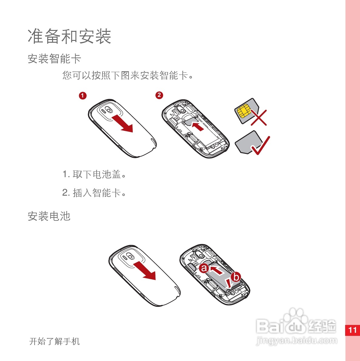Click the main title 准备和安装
click(69, 36)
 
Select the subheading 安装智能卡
click(54, 59)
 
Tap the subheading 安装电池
click(49, 216)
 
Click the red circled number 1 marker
click(83, 96)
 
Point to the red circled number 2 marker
click(159, 95)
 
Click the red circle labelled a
click(204, 268)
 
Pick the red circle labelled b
click(236, 277)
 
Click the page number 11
click(352, 330)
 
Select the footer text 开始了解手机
click(55, 342)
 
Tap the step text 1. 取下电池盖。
click(94, 174)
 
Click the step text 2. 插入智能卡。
click(94, 193)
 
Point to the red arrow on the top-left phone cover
click(122, 123)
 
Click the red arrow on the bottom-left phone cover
click(145, 270)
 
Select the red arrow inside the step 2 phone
click(198, 126)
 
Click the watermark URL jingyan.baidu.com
click(296, 341)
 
